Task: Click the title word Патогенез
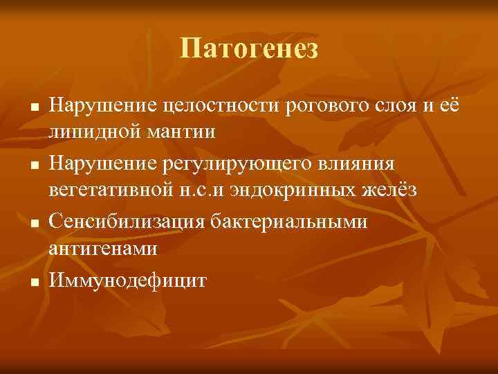coord(249,48)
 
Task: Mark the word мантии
coord(182,132)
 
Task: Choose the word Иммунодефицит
coord(127,280)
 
